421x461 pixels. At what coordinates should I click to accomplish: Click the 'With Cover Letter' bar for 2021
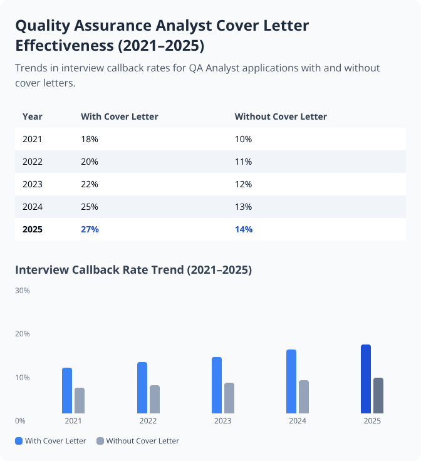(x=67, y=390)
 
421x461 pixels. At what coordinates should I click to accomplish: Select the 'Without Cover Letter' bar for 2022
(x=154, y=399)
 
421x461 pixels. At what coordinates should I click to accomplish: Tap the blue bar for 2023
(x=217, y=385)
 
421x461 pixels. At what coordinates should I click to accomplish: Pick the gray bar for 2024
(x=303, y=396)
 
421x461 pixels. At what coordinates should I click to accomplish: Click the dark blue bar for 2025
(x=366, y=379)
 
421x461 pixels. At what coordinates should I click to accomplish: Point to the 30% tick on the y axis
(x=23, y=291)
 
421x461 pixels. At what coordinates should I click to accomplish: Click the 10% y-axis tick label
(x=23, y=378)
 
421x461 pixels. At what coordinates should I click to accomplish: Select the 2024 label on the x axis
(x=298, y=421)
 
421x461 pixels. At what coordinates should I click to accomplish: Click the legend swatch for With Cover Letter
(x=19, y=441)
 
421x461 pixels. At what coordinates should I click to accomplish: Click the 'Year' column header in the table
(x=33, y=117)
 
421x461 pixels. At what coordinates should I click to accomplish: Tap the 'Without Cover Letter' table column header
(x=281, y=117)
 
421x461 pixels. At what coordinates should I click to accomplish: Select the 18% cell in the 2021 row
(x=90, y=139)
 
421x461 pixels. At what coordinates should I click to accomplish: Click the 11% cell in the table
(x=243, y=162)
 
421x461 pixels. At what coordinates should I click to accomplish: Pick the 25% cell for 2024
(x=90, y=207)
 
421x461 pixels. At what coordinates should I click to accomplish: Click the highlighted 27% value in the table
(x=90, y=229)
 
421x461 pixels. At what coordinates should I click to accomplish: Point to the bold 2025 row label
(x=33, y=229)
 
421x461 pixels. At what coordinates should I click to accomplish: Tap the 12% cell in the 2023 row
(x=243, y=184)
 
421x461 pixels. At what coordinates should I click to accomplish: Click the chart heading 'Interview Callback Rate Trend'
(x=133, y=270)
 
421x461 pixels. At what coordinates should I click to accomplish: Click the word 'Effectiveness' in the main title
(x=66, y=46)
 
